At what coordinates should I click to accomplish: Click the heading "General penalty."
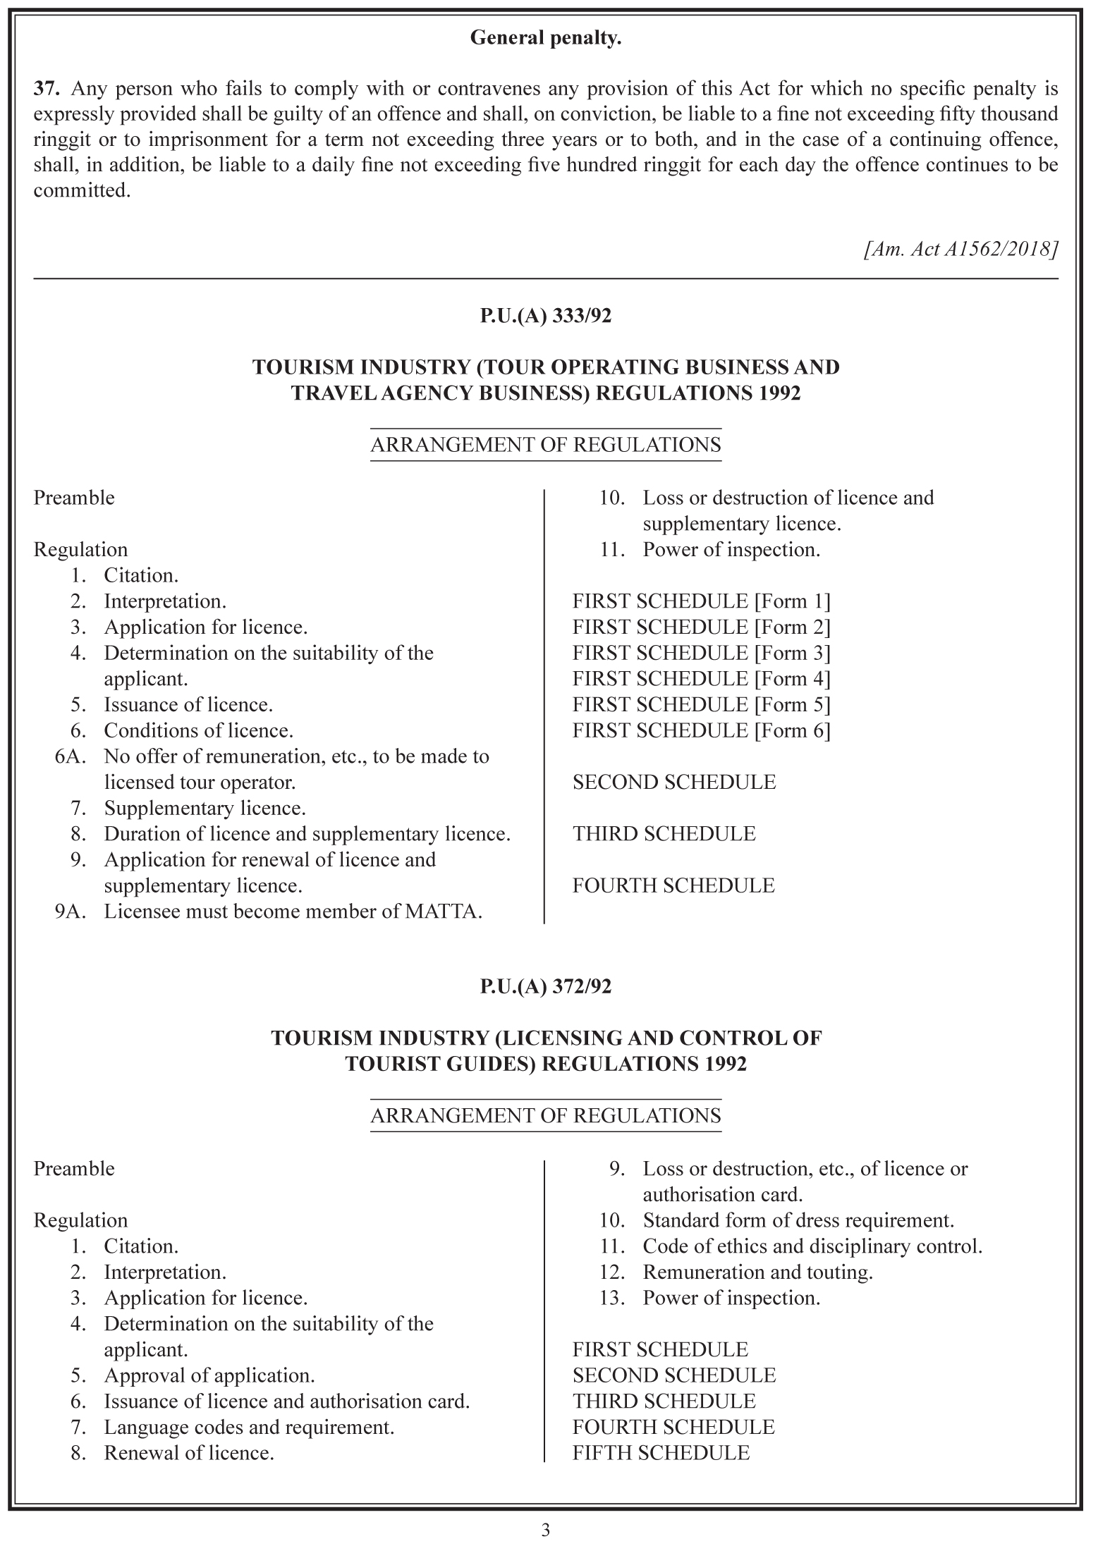click(x=545, y=38)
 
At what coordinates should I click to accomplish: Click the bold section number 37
click(x=44, y=89)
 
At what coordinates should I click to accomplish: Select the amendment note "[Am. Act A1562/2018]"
click(x=960, y=249)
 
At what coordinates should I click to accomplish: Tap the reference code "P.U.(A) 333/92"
click(x=545, y=316)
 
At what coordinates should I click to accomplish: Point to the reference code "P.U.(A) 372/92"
click(x=545, y=986)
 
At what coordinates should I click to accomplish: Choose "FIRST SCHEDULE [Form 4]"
click(x=701, y=679)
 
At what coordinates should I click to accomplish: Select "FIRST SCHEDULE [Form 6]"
click(x=701, y=730)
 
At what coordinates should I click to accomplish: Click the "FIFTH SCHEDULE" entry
click(x=661, y=1453)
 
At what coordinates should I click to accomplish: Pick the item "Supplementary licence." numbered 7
click(x=205, y=808)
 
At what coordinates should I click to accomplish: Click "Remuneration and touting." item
click(x=757, y=1272)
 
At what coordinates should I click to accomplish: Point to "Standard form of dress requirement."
click(x=798, y=1220)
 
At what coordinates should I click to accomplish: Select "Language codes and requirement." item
click(x=249, y=1428)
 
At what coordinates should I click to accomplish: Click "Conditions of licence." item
click(x=198, y=730)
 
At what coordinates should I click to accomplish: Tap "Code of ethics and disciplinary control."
click(x=812, y=1246)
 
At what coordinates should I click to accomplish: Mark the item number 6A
click(x=70, y=756)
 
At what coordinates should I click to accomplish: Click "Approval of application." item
click(x=209, y=1375)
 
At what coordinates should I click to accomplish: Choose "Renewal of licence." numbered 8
click(x=189, y=1453)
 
